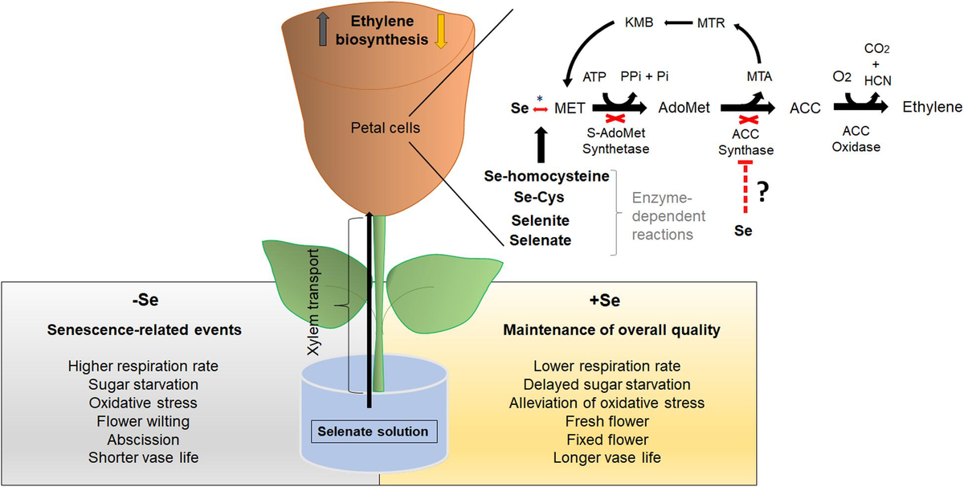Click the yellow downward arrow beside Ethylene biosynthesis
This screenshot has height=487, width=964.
(x=440, y=31)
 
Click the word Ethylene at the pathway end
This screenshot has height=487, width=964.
(x=932, y=107)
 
